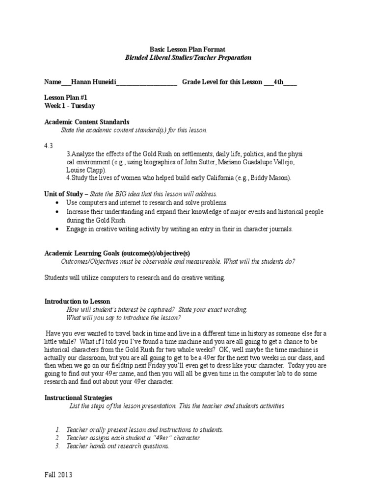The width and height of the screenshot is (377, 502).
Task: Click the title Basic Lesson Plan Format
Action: (188, 50)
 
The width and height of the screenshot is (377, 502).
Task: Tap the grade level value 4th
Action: (279, 82)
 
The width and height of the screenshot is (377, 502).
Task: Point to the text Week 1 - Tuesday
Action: (70, 106)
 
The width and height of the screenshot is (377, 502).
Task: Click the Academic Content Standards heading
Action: (87, 122)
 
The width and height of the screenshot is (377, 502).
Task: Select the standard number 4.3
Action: (49, 146)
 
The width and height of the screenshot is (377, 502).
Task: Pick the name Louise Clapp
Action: (85, 170)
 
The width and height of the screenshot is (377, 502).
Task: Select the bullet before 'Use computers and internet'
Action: (58, 202)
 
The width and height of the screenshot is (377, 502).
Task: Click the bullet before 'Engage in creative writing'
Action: (58, 229)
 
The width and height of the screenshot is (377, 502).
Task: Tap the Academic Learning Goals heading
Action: (117, 253)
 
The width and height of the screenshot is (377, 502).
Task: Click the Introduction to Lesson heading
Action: (77, 301)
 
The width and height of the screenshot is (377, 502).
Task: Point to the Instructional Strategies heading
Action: (79, 398)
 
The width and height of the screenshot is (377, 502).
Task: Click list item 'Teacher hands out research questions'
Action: (118, 446)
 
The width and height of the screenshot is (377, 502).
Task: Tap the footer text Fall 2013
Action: (58, 476)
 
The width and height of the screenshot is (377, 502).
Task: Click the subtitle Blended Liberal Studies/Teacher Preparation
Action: (188, 58)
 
